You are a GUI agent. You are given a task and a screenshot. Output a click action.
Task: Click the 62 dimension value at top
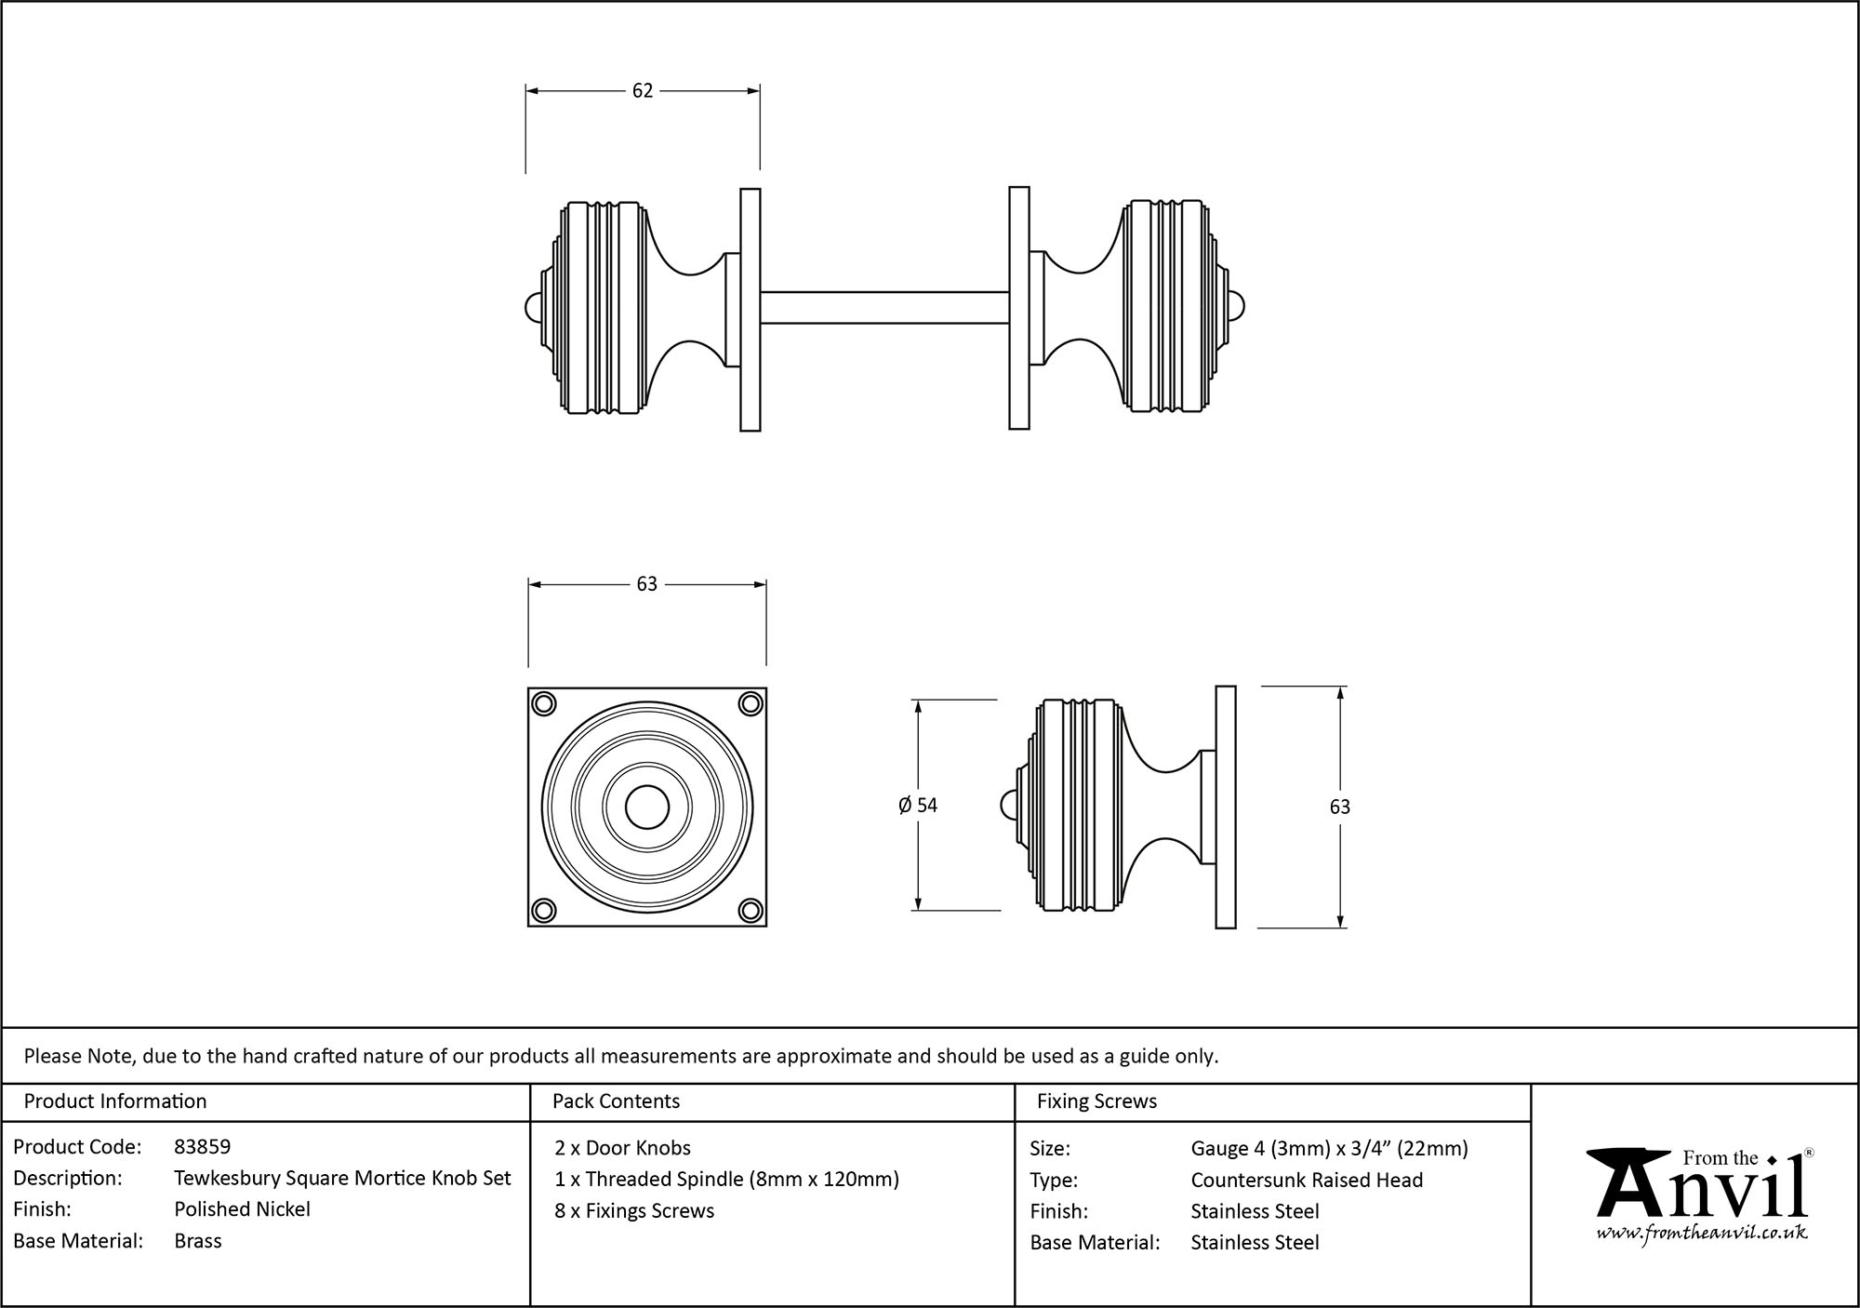point(643,91)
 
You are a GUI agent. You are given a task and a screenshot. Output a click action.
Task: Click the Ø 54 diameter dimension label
point(918,806)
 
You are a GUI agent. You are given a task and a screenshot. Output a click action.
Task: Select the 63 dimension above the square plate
point(646,584)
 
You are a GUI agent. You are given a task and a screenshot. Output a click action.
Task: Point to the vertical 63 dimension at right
point(1339,807)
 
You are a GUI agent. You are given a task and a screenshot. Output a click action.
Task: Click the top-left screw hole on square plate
point(544,703)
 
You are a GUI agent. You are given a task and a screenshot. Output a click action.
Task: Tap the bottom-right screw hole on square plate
point(751,909)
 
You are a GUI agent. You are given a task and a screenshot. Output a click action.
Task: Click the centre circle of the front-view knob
point(647,807)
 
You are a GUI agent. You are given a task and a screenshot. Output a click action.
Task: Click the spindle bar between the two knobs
point(883,307)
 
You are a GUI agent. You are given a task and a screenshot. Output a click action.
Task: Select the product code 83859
point(202,1147)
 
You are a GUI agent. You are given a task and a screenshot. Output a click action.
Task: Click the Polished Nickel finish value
point(242,1209)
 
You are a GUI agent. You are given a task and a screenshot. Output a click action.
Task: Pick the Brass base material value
point(197,1241)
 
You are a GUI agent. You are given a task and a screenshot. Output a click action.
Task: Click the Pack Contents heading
point(616,1101)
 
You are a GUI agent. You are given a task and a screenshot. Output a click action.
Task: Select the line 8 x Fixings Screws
point(634,1211)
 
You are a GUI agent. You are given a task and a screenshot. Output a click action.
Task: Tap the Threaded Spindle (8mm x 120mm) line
point(726,1180)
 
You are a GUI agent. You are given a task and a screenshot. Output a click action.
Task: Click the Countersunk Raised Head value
point(1307,1181)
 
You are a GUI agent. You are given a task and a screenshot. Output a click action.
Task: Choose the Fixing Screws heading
point(1096,1101)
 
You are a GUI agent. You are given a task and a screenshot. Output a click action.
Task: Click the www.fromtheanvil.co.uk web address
point(1702,1234)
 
